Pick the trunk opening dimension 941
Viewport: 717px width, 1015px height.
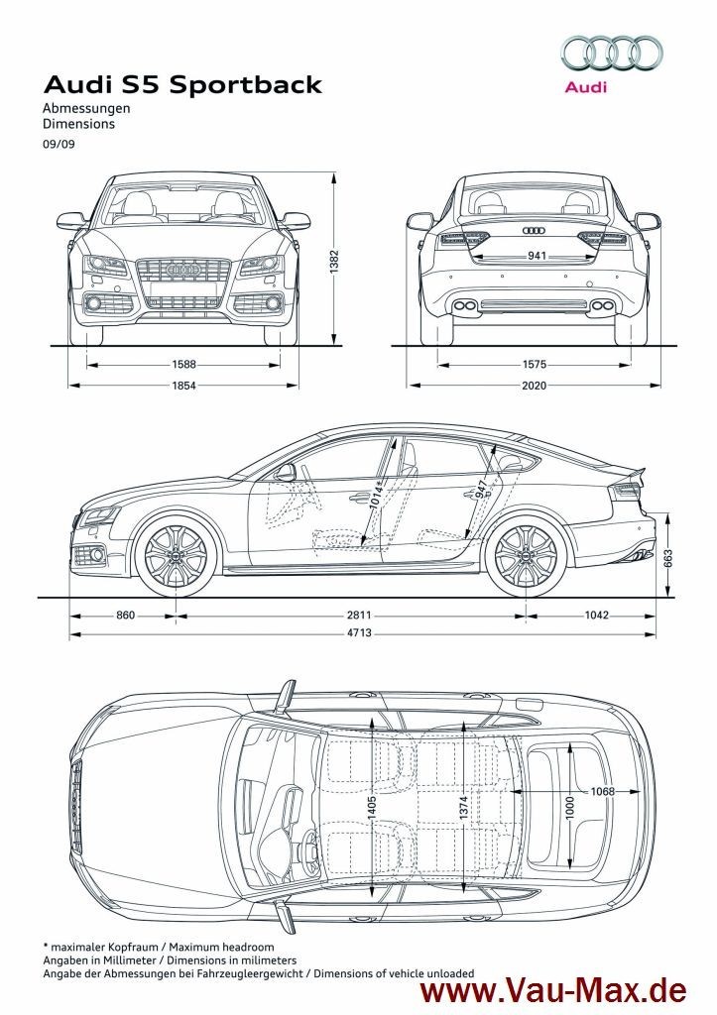pos(536,255)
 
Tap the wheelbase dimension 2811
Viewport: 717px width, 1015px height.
pos(347,616)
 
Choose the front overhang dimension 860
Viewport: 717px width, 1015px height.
pos(125,616)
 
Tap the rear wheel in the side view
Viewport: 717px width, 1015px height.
pos(525,556)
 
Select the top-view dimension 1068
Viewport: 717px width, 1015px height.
pos(603,790)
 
